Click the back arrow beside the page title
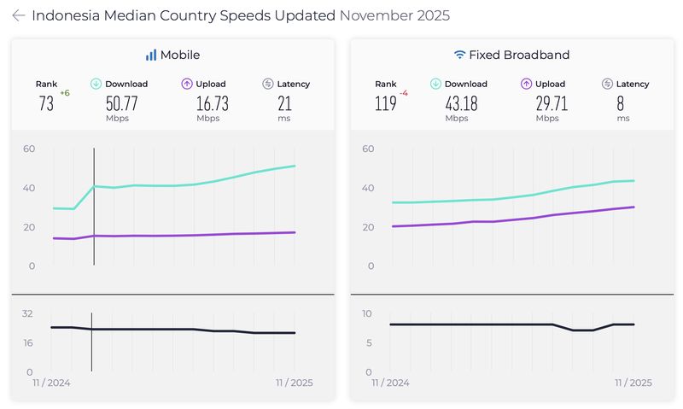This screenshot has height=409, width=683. tap(18, 15)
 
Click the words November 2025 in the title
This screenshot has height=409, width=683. tap(394, 15)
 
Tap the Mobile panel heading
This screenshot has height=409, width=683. tap(172, 55)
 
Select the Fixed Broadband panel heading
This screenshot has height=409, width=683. tap(511, 55)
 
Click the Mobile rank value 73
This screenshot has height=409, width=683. tap(46, 103)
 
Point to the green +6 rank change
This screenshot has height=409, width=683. tap(64, 92)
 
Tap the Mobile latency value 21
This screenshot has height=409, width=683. tap(285, 103)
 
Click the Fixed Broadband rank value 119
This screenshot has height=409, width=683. tap(387, 103)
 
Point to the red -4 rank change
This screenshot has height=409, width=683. tap(404, 92)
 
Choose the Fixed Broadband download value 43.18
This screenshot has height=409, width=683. tap(462, 103)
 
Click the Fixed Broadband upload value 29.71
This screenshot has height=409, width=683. tap(547, 103)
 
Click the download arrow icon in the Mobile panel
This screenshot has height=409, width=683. tap(96, 84)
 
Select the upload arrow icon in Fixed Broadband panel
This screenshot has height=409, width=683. tap(527, 84)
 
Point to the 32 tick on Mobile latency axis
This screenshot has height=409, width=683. tap(27, 313)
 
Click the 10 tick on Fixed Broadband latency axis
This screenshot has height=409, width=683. tap(367, 313)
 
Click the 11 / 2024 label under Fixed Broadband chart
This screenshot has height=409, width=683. tap(390, 383)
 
